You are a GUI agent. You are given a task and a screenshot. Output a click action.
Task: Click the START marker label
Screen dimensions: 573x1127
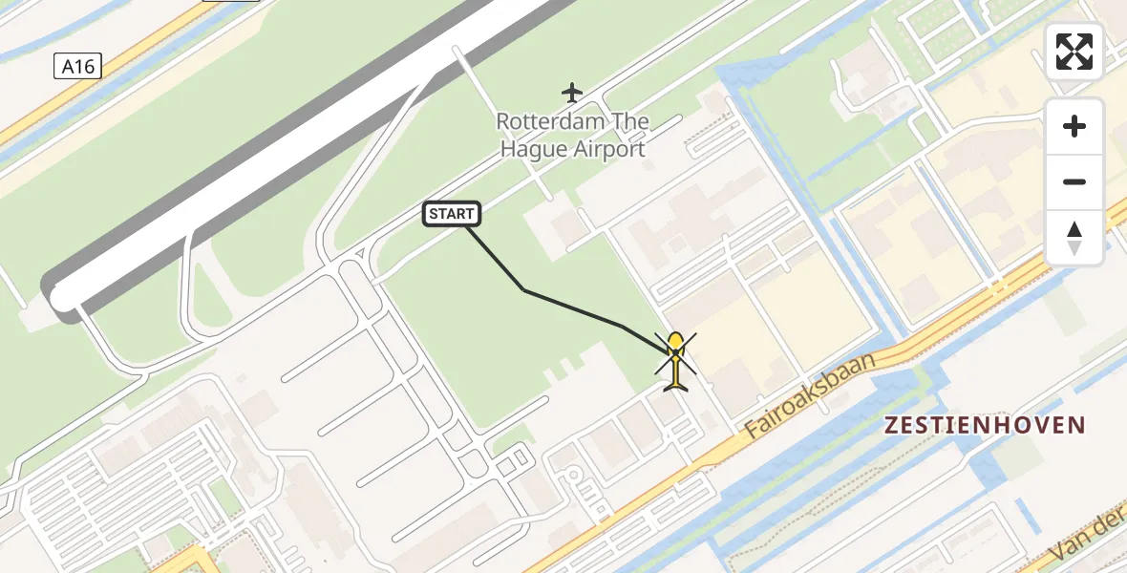point(452,214)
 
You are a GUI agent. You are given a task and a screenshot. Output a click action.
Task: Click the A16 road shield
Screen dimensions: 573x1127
point(77,66)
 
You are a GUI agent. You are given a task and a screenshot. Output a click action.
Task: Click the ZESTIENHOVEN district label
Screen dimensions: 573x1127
point(985,425)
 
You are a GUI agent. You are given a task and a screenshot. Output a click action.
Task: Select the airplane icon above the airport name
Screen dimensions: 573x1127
point(572,93)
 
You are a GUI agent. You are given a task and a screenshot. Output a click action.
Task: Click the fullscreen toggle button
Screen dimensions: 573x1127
point(1074,52)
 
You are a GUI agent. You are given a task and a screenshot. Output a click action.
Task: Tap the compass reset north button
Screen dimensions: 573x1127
point(1074,238)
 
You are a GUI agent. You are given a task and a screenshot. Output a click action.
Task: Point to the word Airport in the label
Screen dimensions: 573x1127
point(609,149)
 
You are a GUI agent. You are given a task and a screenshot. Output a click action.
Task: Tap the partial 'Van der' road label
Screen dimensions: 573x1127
point(1089,540)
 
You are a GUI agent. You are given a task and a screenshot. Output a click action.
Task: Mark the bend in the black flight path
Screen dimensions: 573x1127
point(524,289)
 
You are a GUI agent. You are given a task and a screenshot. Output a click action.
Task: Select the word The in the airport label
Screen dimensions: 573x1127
point(630,122)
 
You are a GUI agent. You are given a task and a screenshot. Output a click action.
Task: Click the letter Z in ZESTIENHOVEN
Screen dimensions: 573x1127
point(892,425)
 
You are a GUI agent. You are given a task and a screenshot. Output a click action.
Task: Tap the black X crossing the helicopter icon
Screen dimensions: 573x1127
point(675,354)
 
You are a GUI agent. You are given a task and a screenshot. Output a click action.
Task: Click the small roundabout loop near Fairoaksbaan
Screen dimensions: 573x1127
point(574,474)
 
